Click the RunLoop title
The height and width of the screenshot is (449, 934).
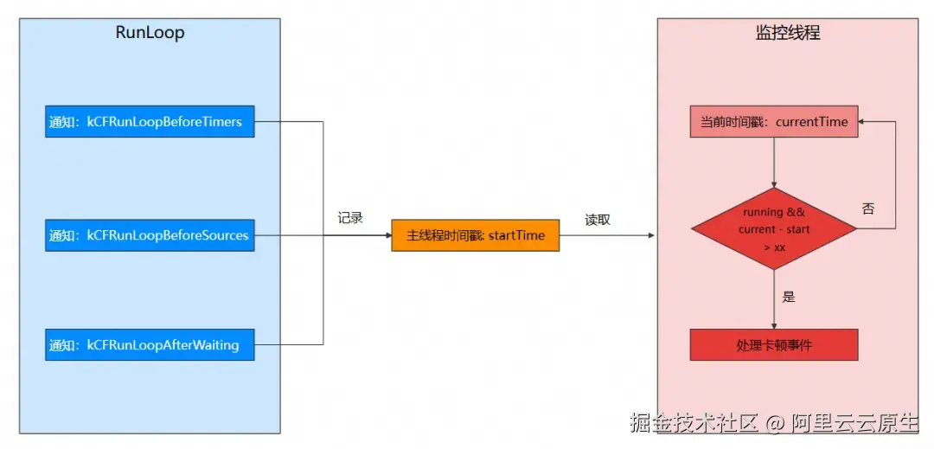(x=150, y=32)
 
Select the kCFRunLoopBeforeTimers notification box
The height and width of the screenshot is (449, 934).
(x=150, y=121)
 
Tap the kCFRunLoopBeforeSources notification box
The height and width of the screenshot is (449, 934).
(x=150, y=235)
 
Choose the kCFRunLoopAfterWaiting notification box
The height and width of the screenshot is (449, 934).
(x=150, y=345)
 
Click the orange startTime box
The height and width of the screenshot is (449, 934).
(x=476, y=235)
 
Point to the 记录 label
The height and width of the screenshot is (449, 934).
(x=350, y=218)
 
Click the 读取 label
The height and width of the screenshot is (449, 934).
(x=598, y=220)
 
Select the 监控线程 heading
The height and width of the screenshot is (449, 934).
(x=788, y=32)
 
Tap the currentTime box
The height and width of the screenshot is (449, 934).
(x=774, y=121)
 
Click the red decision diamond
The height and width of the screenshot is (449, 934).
(x=774, y=229)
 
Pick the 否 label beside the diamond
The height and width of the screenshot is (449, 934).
(x=868, y=209)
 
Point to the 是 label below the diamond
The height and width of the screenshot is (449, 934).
(x=789, y=297)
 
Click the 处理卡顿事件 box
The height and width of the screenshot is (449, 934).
(x=774, y=345)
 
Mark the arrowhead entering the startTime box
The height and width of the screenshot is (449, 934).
(x=387, y=235)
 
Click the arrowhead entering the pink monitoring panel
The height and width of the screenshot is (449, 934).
(x=651, y=235)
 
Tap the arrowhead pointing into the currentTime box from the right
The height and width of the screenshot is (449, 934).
(x=863, y=121)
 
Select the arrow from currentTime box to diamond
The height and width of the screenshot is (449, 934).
(x=774, y=163)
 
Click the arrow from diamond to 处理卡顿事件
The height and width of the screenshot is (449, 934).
(x=774, y=299)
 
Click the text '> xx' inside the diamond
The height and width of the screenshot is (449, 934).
(x=774, y=247)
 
